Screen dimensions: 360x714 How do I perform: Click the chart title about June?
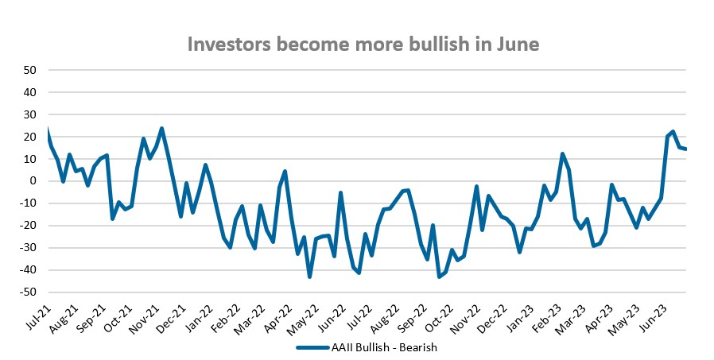[363, 45]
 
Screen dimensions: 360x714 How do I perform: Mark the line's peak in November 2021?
[161, 128]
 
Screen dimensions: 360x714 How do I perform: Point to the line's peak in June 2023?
[673, 131]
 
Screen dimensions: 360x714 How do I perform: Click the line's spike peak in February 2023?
[562, 153]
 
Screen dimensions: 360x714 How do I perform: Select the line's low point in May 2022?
[309, 277]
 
